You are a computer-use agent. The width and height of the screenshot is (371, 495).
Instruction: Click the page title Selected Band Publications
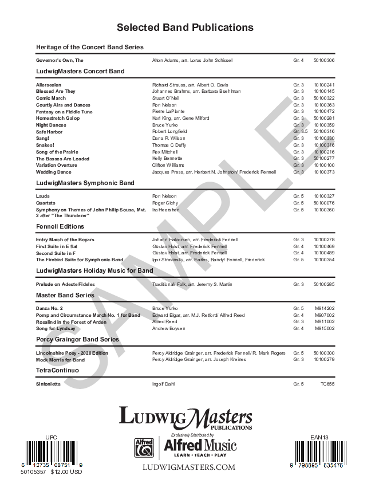point(185,27)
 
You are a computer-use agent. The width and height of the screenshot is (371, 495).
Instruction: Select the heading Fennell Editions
point(61,227)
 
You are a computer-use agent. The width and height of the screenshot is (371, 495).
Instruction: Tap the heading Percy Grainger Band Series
point(77,339)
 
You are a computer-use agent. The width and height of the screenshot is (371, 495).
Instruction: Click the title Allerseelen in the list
point(48,85)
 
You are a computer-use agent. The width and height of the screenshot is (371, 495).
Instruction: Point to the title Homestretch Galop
point(58,118)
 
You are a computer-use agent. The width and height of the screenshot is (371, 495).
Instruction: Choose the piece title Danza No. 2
point(50,308)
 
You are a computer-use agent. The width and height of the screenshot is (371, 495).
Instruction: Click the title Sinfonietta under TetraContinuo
point(49,383)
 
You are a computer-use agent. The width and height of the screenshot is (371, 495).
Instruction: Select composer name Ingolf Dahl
point(164,383)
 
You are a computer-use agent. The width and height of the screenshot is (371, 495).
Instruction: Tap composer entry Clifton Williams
point(168,165)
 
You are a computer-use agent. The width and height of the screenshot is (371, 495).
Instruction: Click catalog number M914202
point(324,308)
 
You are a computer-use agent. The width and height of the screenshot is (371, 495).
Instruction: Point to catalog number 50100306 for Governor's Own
point(324,60)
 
